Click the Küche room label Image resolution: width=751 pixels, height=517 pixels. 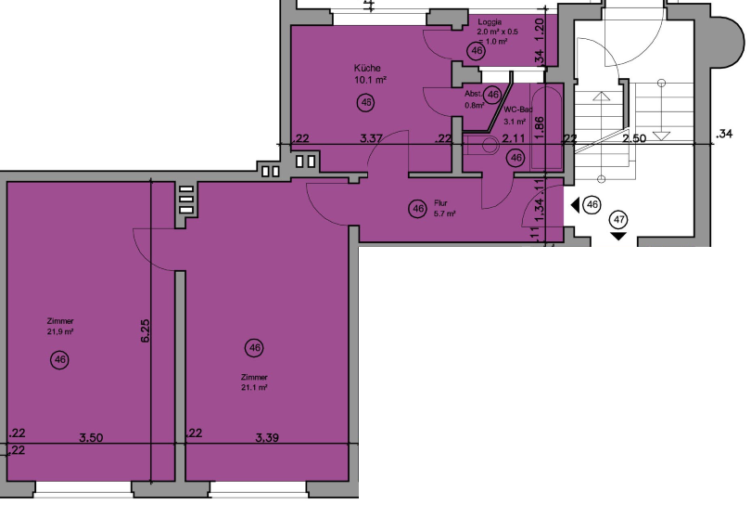point(367,68)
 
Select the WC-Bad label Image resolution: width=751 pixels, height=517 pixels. point(516,110)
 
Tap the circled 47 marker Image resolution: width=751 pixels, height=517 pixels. point(618,220)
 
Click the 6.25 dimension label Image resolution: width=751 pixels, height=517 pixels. point(145,333)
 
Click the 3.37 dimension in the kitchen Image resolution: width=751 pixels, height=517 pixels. point(373,139)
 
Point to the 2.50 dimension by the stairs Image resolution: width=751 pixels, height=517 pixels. point(634,138)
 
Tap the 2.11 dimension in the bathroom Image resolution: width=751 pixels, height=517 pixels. point(514,139)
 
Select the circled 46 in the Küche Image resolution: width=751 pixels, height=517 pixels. point(366,102)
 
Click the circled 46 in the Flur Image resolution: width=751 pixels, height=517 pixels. point(417,209)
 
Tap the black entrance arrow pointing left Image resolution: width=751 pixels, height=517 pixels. point(575,204)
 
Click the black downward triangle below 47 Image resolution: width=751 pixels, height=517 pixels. point(618,236)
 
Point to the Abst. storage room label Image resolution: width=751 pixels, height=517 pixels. point(474,95)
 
